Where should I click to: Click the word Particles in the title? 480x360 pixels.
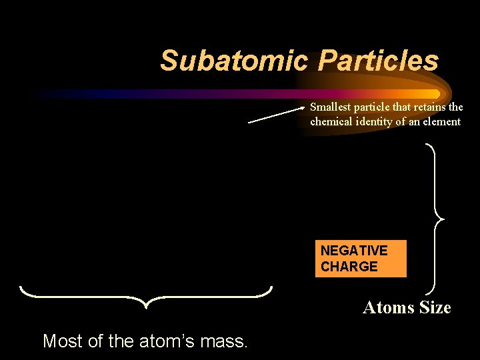click(x=378, y=61)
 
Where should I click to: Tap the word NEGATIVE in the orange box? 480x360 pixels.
click(x=354, y=251)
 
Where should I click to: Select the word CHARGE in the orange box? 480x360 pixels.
click(x=349, y=267)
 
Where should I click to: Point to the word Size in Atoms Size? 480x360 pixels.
click(x=435, y=308)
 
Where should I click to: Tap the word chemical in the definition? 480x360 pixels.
click(x=331, y=121)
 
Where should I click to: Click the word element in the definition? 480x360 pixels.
click(x=442, y=121)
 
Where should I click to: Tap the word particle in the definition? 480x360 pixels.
click(x=374, y=107)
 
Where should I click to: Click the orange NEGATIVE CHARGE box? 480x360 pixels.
click(x=361, y=259)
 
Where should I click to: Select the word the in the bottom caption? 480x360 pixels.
click(x=121, y=341)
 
